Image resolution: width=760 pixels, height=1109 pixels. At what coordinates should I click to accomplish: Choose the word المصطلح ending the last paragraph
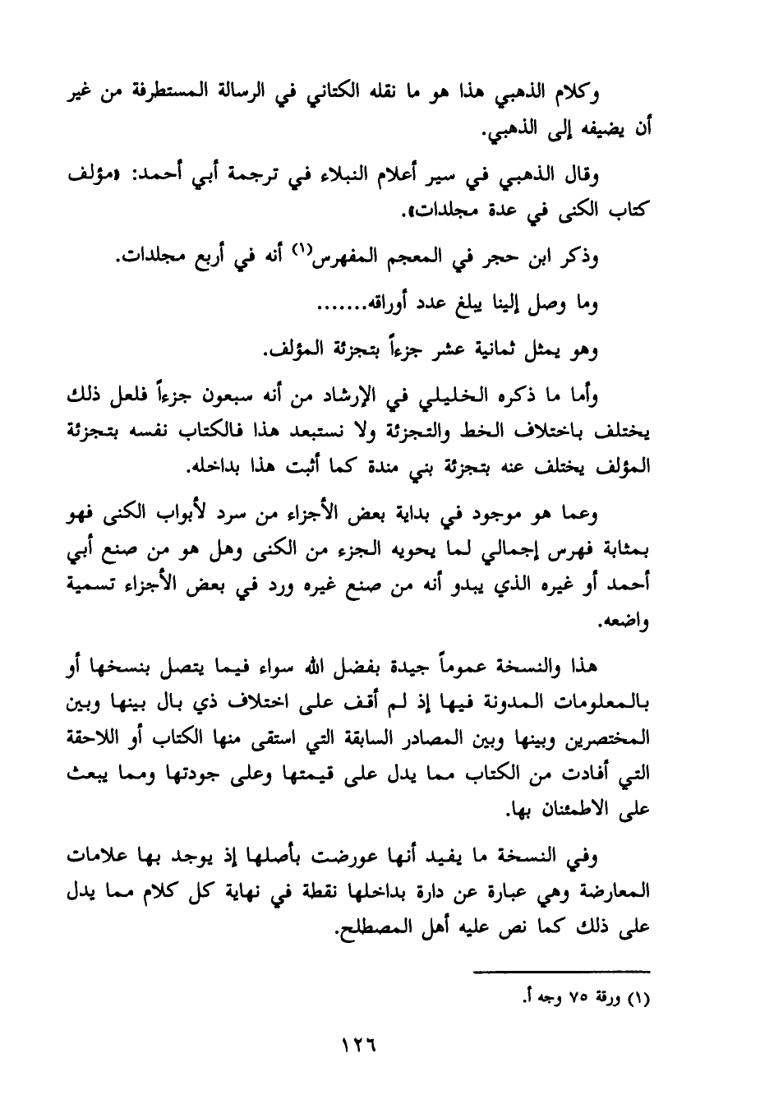coord(366,928)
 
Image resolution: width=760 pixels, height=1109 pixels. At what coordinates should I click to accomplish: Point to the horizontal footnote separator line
coord(563,971)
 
